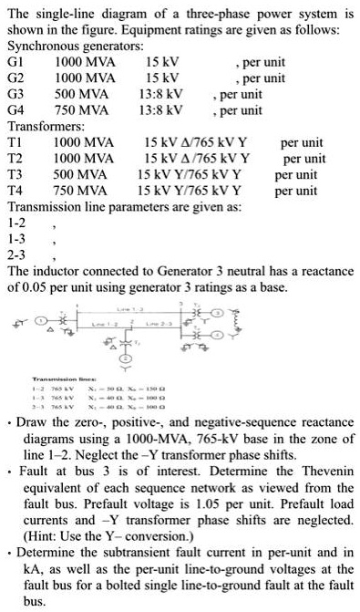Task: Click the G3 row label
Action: point(15,94)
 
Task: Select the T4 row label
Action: point(15,191)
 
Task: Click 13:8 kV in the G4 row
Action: point(161,110)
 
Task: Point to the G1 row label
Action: point(15,62)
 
